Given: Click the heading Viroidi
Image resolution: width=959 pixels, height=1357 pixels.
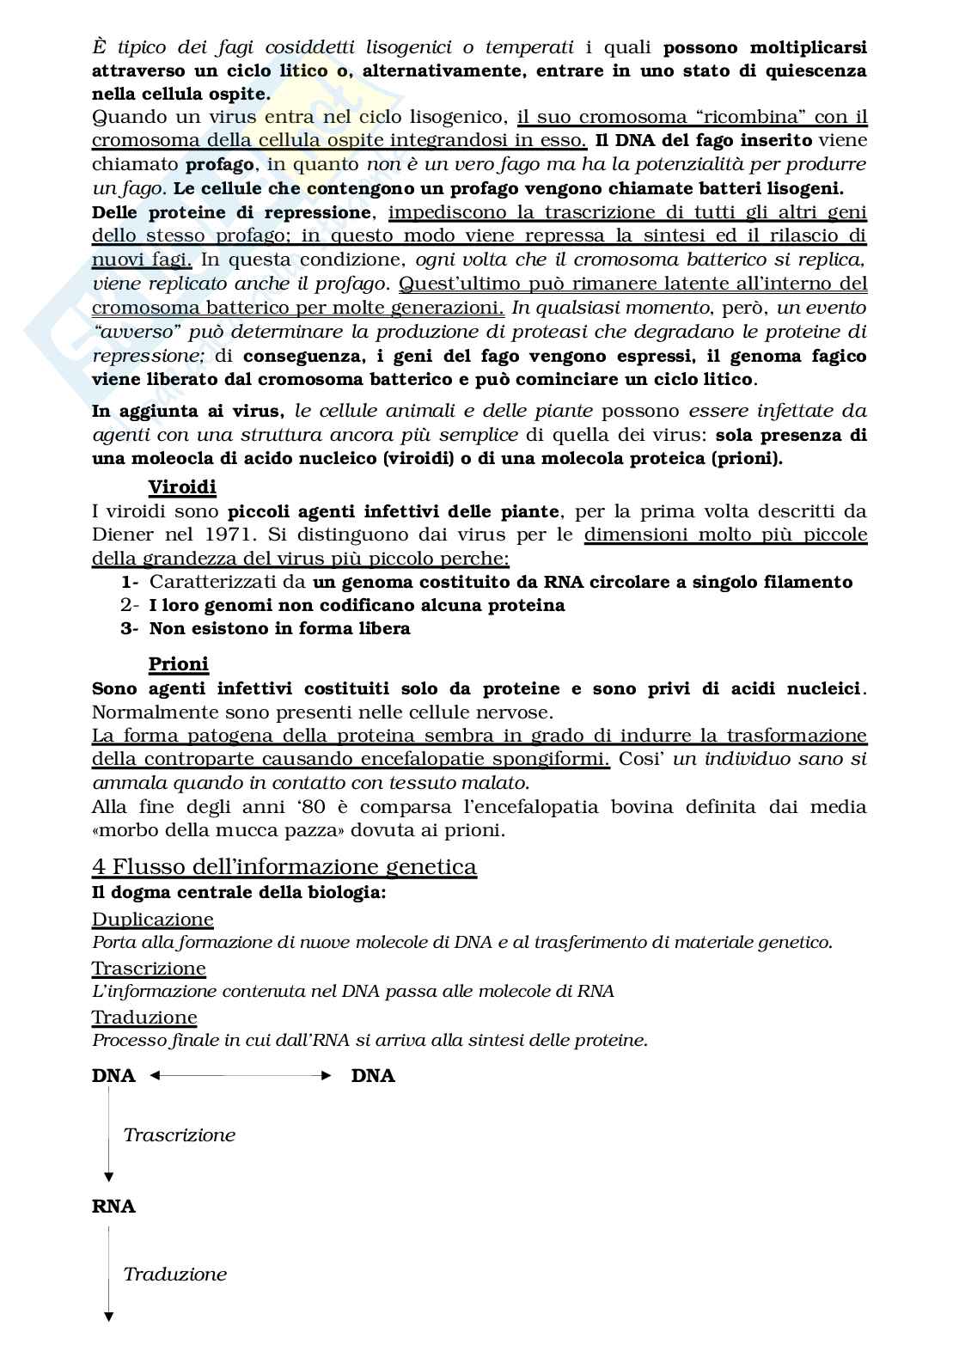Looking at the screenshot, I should click(182, 488).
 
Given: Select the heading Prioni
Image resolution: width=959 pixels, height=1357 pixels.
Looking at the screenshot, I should click(179, 664).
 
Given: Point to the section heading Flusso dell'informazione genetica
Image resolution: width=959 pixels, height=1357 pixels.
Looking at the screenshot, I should click(284, 866).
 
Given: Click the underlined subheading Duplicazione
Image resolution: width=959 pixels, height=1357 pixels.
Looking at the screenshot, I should click(153, 920).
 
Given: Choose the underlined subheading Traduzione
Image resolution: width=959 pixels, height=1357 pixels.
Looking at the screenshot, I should click(144, 1018).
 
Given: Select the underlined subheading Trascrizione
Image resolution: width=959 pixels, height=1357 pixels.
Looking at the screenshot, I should click(149, 969).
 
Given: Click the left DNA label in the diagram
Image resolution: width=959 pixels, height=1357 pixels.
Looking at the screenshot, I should click(113, 1076).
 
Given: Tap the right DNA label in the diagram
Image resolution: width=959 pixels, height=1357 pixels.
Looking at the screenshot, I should click(373, 1076).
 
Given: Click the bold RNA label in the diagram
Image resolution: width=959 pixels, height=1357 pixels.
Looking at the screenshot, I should click(113, 1207).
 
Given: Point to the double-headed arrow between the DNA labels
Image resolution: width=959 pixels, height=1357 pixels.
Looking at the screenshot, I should click(241, 1075).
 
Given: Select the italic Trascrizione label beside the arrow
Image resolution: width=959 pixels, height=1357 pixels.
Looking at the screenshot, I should click(180, 1135).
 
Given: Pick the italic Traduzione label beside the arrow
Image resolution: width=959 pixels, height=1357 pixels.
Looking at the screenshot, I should click(175, 1274).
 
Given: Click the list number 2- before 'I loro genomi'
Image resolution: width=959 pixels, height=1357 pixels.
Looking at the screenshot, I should click(130, 605).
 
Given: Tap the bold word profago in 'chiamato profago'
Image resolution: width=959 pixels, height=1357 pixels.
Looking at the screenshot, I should click(220, 164).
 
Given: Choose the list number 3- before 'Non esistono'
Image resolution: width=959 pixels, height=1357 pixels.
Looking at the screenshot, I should click(130, 628).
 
